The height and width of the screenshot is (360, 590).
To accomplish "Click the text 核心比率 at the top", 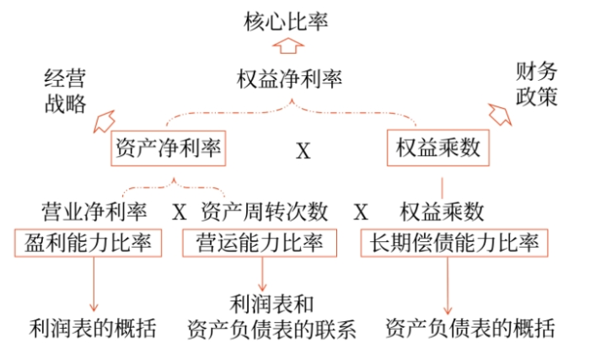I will (289, 19).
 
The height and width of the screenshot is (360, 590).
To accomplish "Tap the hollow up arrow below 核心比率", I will (289, 46).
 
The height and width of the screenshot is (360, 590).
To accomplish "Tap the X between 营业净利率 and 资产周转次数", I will (179, 211).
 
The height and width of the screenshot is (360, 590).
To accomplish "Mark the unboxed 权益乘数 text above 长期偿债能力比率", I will (442, 210).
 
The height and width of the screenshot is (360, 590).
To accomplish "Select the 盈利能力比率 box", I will (83, 243).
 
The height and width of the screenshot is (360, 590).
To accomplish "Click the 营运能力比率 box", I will (260, 243).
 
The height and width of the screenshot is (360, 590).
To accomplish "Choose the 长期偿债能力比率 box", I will (453, 243).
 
